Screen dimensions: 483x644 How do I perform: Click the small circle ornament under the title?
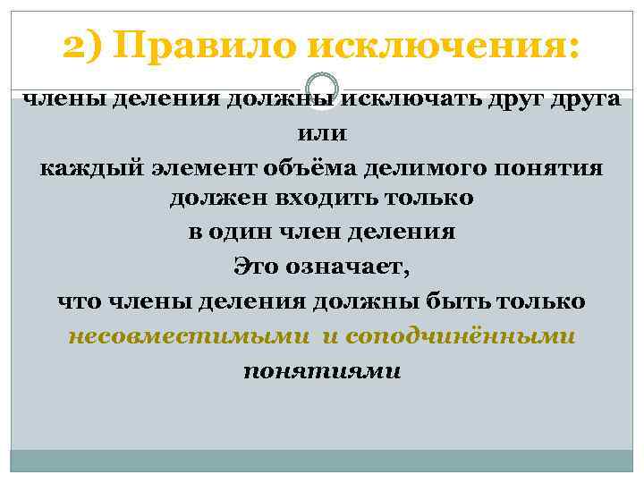(322, 83)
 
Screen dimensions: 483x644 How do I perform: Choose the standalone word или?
(322, 133)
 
